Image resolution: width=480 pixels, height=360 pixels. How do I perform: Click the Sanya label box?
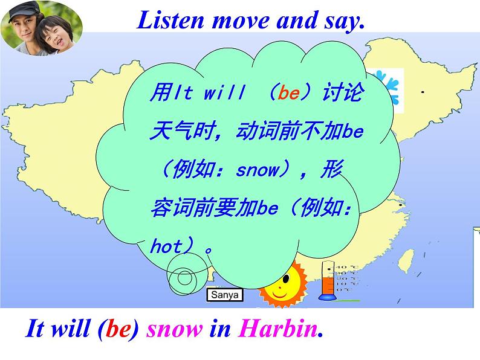[224, 295]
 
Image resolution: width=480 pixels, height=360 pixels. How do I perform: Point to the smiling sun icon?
[284, 284]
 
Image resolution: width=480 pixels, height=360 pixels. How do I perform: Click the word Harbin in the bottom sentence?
[277, 329]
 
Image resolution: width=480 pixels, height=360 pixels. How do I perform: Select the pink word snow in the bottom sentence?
[175, 329]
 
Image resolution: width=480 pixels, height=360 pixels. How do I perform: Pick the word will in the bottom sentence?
[70, 329]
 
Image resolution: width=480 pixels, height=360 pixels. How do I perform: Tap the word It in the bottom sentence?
[33, 329]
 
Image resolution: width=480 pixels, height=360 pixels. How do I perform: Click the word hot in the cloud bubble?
[166, 246]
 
